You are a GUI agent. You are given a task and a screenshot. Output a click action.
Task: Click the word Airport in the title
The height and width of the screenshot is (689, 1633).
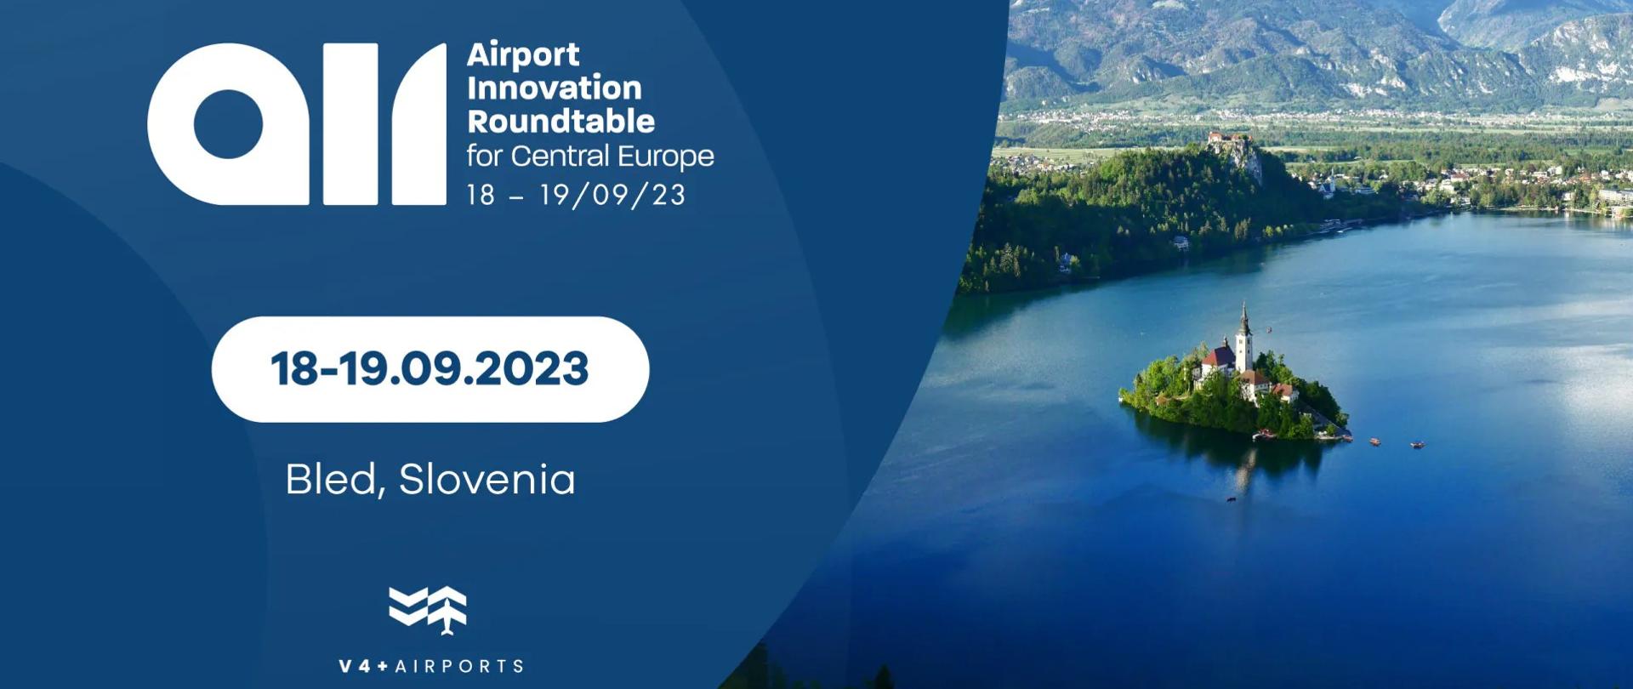[522, 55]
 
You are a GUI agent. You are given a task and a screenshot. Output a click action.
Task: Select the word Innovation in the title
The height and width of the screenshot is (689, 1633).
[554, 88]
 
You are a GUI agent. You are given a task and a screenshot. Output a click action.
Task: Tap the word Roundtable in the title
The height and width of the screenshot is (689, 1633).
[560, 122]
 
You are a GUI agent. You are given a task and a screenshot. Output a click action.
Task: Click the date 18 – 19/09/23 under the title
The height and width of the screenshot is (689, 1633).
[576, 195]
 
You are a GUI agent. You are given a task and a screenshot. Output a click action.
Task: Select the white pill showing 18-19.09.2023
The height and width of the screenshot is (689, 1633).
[430, 369]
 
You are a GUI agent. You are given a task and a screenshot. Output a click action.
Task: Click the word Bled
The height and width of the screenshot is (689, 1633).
[331, 480]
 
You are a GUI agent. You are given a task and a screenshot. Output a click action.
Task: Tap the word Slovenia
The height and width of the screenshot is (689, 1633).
[486, 480]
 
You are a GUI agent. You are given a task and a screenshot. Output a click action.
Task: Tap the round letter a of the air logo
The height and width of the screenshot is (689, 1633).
[228, 124]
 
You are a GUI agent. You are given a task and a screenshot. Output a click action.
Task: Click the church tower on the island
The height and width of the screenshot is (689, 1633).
[1243, 336]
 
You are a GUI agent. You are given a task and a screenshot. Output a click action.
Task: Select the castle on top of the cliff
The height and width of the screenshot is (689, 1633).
[1228, 138]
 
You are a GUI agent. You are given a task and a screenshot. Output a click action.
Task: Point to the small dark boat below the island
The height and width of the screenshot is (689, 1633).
[1231, 499]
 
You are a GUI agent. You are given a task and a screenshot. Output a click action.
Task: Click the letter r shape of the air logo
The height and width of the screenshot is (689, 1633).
[419, 124]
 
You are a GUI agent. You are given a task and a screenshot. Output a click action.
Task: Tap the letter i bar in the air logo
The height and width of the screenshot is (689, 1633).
[350, 124]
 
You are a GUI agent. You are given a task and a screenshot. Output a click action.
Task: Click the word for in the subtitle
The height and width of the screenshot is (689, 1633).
[484, 157]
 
